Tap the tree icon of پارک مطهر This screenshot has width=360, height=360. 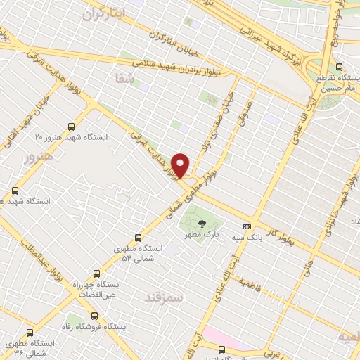[202, 224]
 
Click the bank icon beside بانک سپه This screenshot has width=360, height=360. [247, 226]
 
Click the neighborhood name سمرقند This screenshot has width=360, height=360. [162, 297]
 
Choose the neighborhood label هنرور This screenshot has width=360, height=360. [38, 155]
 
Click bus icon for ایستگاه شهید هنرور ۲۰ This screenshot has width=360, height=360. [70, 127]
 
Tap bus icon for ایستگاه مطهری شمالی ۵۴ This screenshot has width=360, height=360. [138, 238]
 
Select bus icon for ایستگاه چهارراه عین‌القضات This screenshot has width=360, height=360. [96, 274]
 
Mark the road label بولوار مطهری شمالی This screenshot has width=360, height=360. [191, 193]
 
